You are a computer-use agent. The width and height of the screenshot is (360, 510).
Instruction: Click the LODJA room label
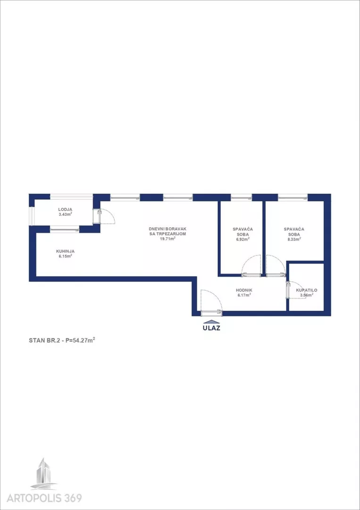point(65,210)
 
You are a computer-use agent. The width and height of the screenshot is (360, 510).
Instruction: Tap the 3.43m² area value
point(65,214)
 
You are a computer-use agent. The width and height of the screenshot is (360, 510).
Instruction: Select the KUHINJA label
point(65,251)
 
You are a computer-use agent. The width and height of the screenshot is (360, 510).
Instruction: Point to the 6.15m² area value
point(65,256)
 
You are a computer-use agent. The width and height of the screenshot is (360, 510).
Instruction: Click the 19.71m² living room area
point(167,238)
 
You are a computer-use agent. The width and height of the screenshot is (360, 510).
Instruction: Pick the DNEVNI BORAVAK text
point(167,229)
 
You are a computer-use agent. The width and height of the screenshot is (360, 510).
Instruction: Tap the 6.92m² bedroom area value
point(243,239)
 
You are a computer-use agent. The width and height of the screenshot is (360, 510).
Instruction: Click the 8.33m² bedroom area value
point(293,238)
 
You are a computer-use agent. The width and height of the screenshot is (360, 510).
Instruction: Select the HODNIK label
point(244,290)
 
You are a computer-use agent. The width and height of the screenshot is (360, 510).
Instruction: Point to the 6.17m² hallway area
point(244,295)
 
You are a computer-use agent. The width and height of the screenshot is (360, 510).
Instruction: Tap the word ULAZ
point(211,328)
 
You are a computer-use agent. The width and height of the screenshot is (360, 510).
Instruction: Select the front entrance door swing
point(211,301)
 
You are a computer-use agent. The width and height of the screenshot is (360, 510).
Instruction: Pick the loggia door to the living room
point(104,216)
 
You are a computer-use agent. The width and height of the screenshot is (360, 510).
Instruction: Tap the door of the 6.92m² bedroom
point(251,265)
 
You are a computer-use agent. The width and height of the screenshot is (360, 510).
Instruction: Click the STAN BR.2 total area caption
point(62,340)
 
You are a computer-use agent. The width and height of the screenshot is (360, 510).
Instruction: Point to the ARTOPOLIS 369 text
point(44,498)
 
